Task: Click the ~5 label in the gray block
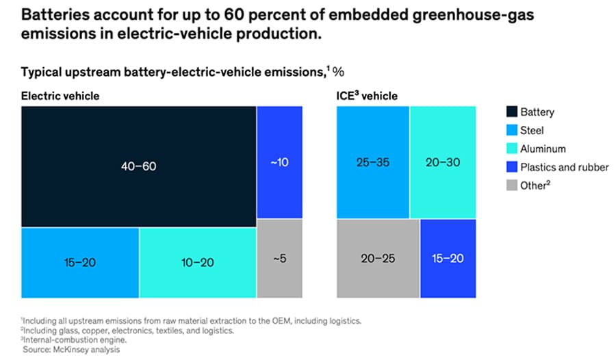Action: click(x=279, y=259)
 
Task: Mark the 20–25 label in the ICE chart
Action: click(x=377, y=259)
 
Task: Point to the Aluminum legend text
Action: click(x=544, y=149)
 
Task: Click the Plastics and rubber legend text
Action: click(x=565, y=167)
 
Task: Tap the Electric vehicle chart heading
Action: click(x=60, y=96)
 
